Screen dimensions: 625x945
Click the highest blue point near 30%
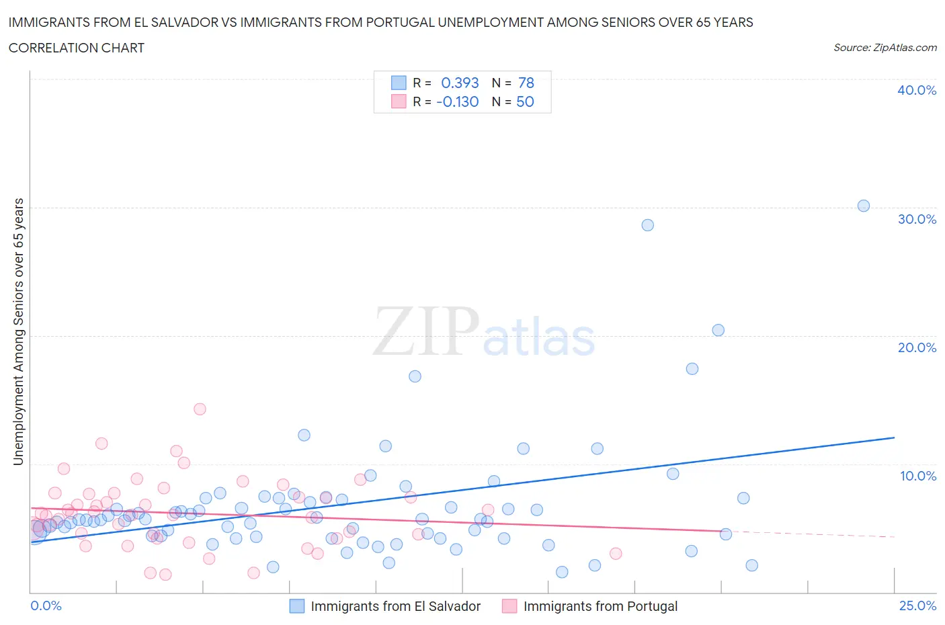864,206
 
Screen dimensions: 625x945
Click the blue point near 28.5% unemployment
647,225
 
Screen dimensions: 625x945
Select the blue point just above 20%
718,330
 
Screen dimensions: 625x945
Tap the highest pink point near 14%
200,409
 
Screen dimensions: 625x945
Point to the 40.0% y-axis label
917,90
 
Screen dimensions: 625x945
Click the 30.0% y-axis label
917,219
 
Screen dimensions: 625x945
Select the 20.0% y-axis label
917,347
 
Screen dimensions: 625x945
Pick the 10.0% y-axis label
917,476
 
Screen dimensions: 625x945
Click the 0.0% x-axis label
46,606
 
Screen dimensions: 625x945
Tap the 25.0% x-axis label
917,606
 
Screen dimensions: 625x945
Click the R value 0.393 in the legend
460,83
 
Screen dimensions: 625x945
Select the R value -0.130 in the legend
457,101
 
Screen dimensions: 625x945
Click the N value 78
526,83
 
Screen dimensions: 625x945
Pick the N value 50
525,101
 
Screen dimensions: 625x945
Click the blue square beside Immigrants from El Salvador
297,606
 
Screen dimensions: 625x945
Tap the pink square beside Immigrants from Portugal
509,606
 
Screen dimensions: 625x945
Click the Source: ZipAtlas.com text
885,48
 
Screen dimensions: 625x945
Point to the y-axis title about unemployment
18,331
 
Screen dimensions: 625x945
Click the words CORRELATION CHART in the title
77,48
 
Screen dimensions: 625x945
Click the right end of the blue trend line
894,437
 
